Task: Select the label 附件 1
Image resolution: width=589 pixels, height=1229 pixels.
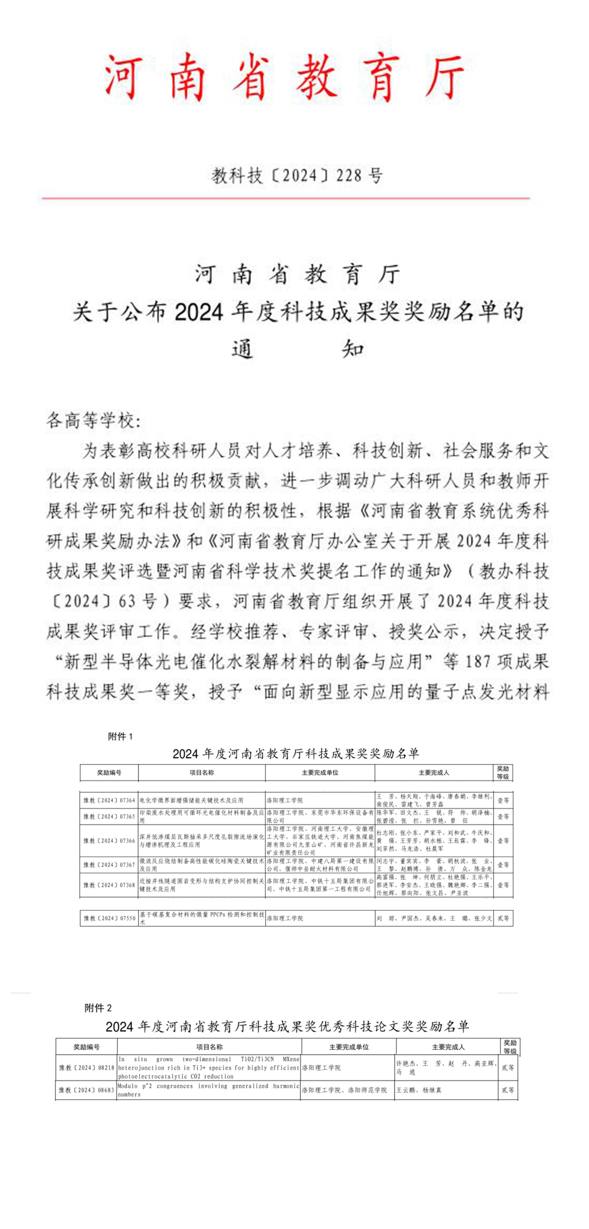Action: point(120,736)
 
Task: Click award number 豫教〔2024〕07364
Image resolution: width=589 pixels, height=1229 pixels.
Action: point(109,800)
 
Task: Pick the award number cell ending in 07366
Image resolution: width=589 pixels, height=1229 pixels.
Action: point(109,841)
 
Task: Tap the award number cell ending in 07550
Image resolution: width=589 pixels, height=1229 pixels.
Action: point(109,918)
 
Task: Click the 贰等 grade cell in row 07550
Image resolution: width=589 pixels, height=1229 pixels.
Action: point(503,918)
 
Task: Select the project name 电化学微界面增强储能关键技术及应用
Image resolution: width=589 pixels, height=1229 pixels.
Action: point(192,800)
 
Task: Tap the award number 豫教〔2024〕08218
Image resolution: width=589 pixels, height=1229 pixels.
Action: point(86,1068)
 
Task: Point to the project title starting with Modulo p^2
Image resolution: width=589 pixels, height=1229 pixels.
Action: point(209,1090)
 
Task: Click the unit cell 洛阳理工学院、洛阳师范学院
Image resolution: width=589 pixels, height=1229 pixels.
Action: point(344,1090)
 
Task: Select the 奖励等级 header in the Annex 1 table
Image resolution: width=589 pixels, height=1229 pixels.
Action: point(503,772)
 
